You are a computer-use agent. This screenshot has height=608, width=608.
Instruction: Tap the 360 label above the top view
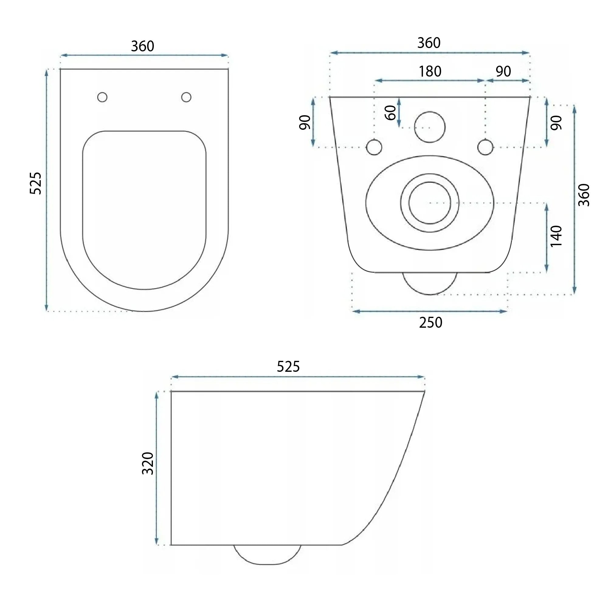click(143, 46)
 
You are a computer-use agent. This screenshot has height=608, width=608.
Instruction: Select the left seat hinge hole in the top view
click(102, 97)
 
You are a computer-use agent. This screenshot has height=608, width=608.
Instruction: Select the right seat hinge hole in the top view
click(186, 97)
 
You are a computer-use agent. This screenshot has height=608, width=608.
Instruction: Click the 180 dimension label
click(430, 71)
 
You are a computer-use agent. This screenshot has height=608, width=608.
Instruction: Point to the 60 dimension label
click(391, 113)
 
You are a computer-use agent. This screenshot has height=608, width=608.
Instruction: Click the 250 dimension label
click(430, 323)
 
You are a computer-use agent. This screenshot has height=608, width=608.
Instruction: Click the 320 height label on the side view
click(148, 464)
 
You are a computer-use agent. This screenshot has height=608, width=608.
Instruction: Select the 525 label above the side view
click(288, 367)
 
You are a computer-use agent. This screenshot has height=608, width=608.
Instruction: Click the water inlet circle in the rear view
click(430, 127)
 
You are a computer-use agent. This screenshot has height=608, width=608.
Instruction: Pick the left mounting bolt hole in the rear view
click(374, 147)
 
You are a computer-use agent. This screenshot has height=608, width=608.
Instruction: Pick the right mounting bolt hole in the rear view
click(485, 147)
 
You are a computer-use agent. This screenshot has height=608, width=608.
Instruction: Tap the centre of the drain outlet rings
click(430, 203)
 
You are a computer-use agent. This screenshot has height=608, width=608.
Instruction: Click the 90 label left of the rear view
click(305, 122)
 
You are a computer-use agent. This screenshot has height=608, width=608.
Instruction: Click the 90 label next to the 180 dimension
click(503, 71)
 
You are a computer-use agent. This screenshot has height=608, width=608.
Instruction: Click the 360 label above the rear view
click(429, 43)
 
